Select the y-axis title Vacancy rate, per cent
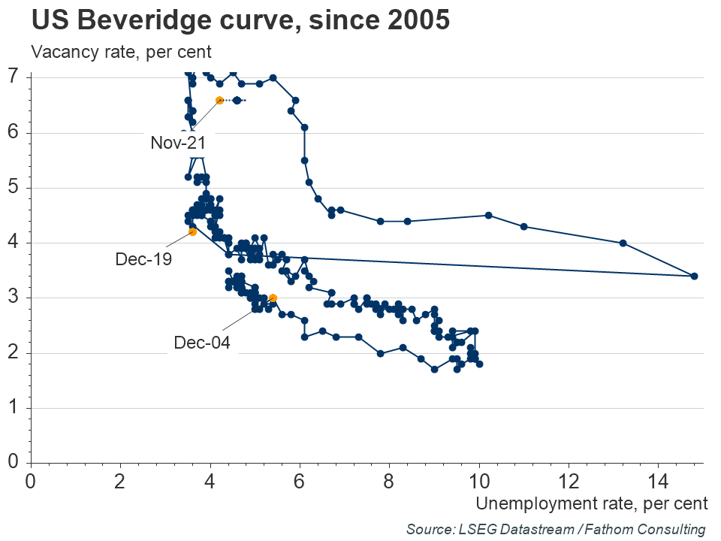pyautogui.click(x=121, y=53)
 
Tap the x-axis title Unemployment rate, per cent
pyautogui.click(x=591, y=501)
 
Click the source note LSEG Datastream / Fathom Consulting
pyautogui.click(x=556, y=528)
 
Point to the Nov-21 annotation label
pyautogui.click(x=178, y=143)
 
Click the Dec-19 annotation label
pyautogui.click(x=143, y=259)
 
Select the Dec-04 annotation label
pyautogui.click(x=201, y=343)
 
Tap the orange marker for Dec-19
pyautogui.click(x=193, y=231)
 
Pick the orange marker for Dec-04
pyautogui.click(x=273, y=298)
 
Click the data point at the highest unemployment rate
pyautogui.click(x=694, y=276)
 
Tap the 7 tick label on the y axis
pyautogui.click(x=14, y=77)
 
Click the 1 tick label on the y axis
pyautogui.click(x=14, y=408)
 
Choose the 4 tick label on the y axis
pyautogui.click(x=14, y=243)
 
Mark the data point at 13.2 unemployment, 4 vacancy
pyautogui.click(x=623, y=243)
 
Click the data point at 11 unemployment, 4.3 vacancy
pyautogui.click(x=524, y=226)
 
